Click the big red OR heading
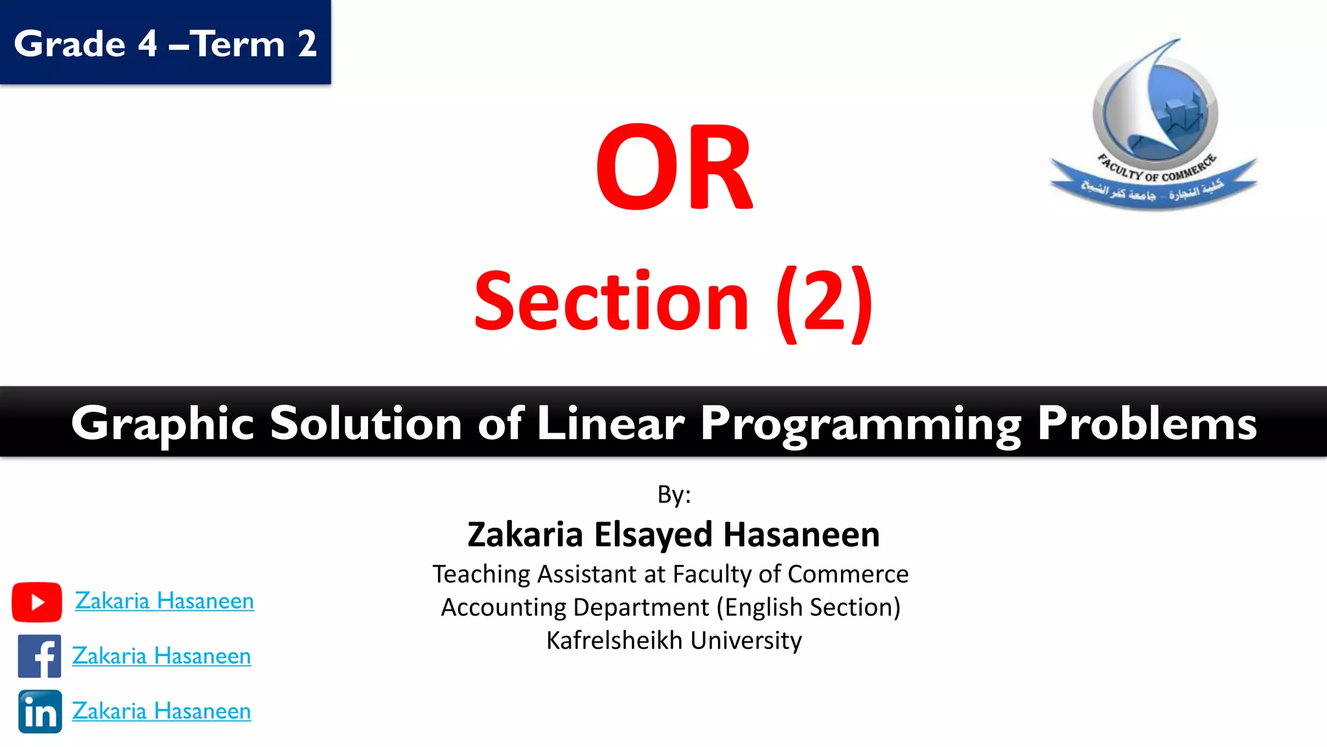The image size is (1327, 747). point(674,167)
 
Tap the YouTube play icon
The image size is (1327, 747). point(37,602)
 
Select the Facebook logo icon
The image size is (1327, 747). point(40,656)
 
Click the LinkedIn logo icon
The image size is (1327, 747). point(40,711)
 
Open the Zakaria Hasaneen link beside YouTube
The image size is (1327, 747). point(164,601)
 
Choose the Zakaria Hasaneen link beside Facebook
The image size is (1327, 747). point(161,656)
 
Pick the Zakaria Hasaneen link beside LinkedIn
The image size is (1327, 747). point(161,711)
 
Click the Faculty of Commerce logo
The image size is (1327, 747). point(1153,123)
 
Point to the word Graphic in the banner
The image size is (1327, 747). point(162,423)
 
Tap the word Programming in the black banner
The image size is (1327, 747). point(860,423)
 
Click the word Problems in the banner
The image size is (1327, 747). point(1147,423)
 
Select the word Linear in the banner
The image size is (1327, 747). point(610,423)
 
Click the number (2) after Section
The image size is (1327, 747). point(824,302)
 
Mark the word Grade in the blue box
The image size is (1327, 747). point(70,44)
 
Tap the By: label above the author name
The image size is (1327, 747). point(674,495)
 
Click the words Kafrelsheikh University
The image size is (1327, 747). point(674,641)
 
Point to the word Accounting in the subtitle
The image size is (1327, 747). point(503,608)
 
